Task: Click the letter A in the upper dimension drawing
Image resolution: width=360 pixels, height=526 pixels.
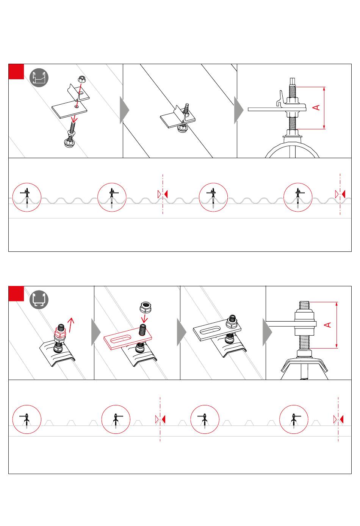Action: click(316, 107)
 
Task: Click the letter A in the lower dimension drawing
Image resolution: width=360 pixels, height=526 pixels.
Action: click(327, 325)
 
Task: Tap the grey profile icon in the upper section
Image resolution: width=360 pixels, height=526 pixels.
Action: click(39, 78)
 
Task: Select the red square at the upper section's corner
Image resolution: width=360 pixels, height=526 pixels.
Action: click(16, 72)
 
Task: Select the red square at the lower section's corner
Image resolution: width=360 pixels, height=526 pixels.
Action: click(16, 294)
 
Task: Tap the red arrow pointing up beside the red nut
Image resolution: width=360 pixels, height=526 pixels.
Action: click(71, 325)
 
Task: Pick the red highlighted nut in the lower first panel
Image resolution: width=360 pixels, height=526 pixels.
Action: click(60, 333)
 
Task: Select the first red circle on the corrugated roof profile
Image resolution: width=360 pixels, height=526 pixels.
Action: click(27, 197)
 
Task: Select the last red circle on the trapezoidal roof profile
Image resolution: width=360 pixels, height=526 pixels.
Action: click(294, 419)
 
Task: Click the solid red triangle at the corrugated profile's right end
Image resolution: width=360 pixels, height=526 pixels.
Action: click(344, 194)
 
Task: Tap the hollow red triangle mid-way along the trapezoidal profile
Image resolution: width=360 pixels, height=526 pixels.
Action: click(157, 419)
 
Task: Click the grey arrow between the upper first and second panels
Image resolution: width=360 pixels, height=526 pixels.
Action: click(124, 110)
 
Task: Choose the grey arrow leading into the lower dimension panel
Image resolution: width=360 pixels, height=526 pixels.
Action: click(267, 332)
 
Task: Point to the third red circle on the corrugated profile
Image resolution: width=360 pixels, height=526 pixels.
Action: click(213, 197)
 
